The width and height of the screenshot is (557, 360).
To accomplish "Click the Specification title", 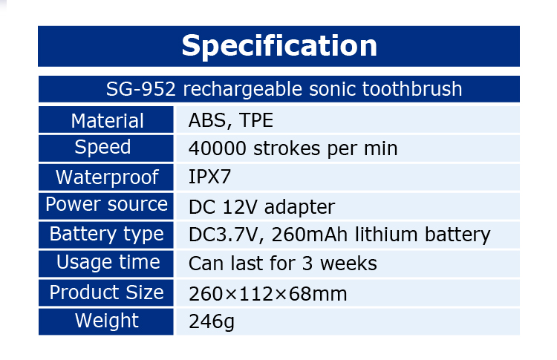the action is [279, 46].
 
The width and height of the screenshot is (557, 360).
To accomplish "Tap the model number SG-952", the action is [141, 89].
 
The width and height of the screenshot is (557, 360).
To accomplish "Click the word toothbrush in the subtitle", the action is [412, 89].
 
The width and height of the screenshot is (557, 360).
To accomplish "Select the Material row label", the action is [107, 121].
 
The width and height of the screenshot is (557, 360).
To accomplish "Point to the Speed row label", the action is [102, 147].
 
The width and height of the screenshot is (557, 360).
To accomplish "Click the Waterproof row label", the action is [107, 177].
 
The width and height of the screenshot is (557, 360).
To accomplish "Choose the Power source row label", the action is [106, 205].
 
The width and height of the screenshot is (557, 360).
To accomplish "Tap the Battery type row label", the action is [106, 235].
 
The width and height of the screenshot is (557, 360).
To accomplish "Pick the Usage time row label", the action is [108, 263].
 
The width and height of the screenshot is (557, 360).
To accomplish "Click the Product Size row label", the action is [106, 292].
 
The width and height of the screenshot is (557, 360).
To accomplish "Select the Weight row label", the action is [106, 321].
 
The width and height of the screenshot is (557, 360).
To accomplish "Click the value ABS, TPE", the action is [231, 121].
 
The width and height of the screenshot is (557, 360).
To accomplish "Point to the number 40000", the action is [218, 148].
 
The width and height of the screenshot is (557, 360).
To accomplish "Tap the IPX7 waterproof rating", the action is [209, 177].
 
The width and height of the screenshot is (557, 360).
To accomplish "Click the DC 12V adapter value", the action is [262, 207].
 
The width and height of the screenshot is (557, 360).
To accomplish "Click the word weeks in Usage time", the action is [348, 264].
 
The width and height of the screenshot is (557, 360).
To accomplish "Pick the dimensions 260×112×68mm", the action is [268, 294].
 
